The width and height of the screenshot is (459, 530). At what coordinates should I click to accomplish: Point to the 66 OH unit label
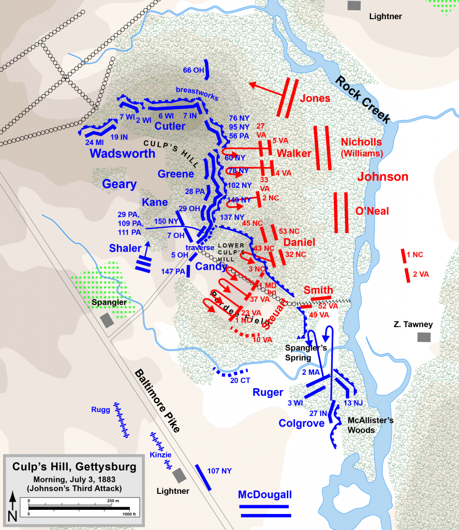(194, 70)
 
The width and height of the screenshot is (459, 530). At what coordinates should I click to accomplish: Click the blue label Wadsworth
(122, 153)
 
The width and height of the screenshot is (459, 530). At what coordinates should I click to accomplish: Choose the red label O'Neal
(372, 211)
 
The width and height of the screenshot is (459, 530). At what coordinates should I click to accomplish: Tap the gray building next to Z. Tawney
(424, 336)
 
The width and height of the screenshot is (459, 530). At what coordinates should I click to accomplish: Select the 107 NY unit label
(219, 471)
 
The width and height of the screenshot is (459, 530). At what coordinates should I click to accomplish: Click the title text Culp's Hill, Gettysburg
(75, 467)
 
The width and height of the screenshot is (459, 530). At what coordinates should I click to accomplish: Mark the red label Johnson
(383, 177)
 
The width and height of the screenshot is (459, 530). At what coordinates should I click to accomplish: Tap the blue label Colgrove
(301, 423)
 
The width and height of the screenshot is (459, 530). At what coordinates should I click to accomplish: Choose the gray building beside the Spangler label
(107, 321)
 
